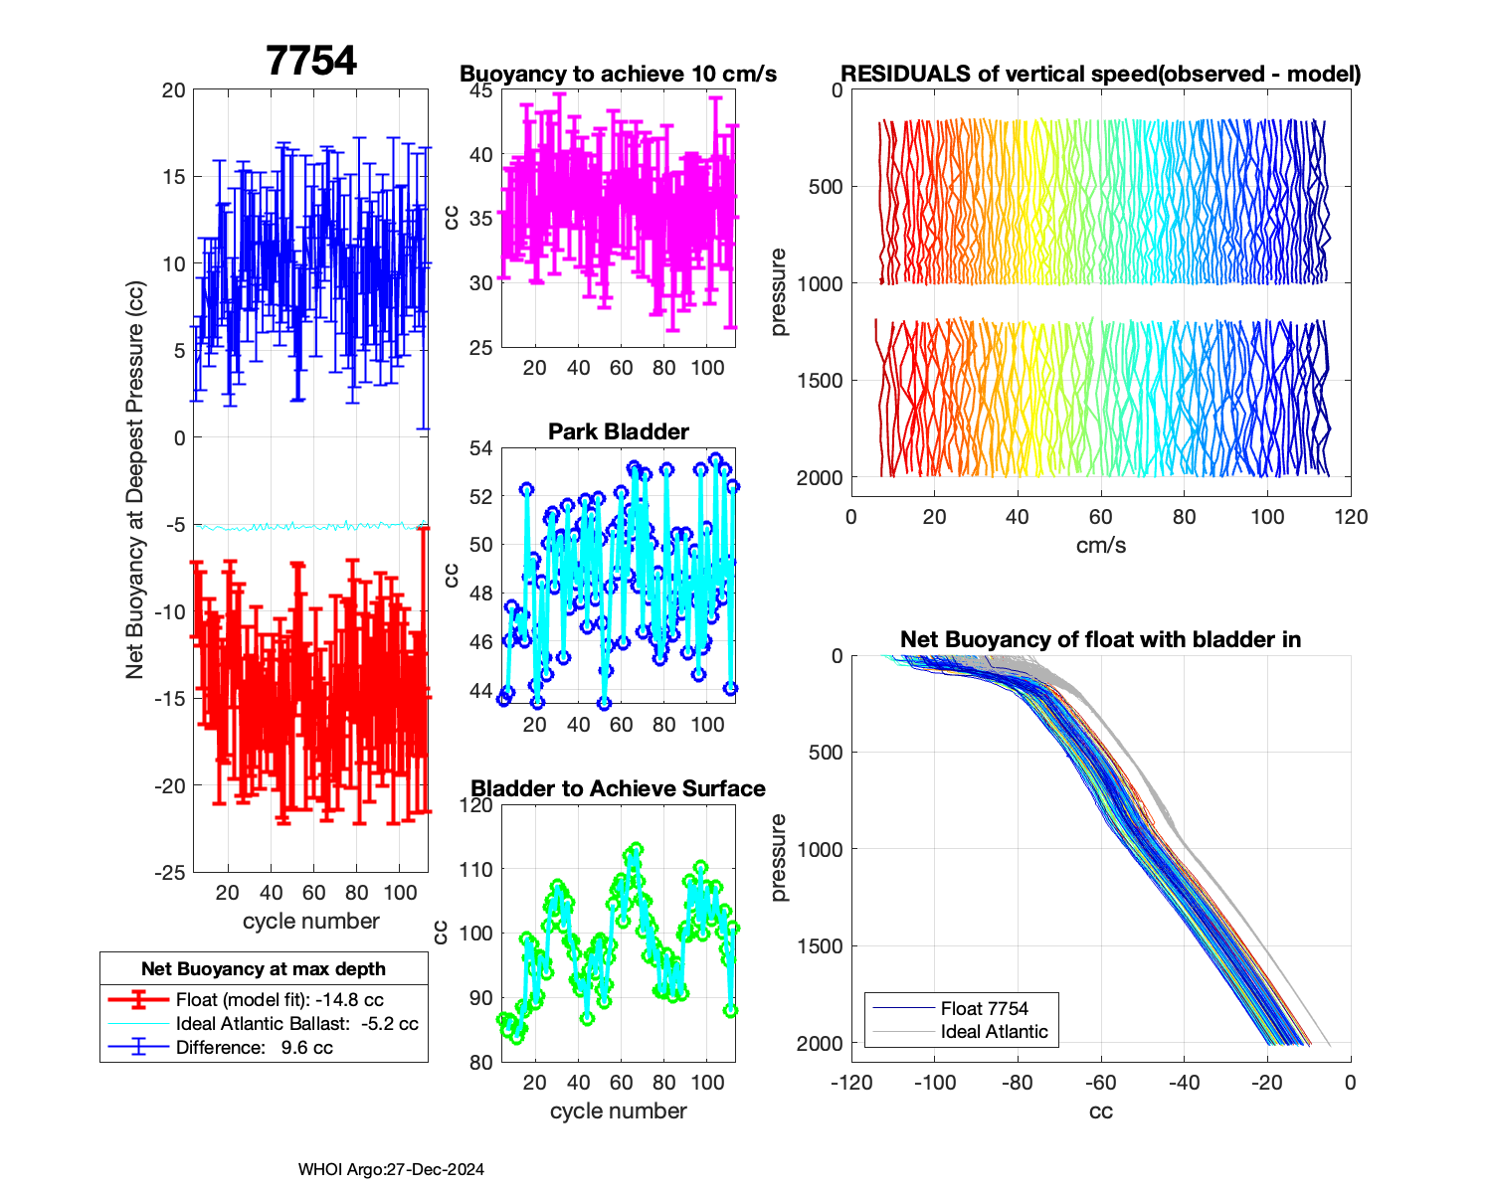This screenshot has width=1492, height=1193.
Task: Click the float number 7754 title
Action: (x=311, y=61)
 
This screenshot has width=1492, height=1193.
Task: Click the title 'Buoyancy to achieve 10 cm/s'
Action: (x=618, y=75)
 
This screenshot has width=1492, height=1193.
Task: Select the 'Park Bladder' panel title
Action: (x=618, y=431)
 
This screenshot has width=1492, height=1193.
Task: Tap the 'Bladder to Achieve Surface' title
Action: (x=618, y=788)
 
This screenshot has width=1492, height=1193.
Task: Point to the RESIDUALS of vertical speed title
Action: (x=1100, y=75)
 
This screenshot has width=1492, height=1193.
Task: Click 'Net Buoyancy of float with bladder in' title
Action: (x=1100, y=639)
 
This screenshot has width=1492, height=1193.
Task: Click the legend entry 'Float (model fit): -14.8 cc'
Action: (x=280, y=1000)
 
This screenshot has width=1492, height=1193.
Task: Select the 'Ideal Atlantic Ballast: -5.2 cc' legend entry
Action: (x=296, y=1024)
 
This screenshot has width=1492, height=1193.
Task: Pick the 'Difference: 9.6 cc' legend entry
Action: (x=254, y=1047)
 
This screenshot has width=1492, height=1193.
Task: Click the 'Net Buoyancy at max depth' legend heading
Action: (x=264, y=968)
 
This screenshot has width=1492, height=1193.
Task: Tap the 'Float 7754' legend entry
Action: (x=984, y=1008)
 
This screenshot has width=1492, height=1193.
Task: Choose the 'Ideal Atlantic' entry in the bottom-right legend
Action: (x=994, y=1032)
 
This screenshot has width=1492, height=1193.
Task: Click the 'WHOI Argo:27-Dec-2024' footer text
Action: (x=391, y=1170)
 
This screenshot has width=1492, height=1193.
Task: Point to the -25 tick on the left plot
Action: (x=169, y=873)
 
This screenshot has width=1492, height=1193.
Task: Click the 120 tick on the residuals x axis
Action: (x=1351, y=517)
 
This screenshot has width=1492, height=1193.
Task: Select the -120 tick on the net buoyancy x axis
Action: (x=851, y=1083)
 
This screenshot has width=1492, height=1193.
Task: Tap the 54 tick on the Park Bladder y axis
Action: (x=480, y=448)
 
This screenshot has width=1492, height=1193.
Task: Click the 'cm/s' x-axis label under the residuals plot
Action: (x=1100, y=545)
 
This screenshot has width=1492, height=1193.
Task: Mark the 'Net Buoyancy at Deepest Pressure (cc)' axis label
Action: (x=135, y=480)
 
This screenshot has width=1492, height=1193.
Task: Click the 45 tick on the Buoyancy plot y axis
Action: (x=480, y=90)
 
